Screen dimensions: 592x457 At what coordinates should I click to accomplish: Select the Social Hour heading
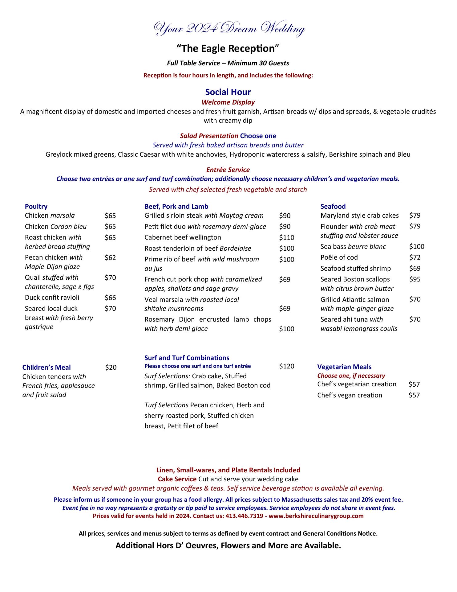228,92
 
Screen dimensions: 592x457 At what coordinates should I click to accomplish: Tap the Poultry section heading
36,206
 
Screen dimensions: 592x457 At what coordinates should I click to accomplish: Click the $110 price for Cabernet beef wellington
286,237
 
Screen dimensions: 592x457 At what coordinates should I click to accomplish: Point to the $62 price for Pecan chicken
110,257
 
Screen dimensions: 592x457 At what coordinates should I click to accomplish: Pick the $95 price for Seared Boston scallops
415,279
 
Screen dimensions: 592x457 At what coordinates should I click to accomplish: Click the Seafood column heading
333,206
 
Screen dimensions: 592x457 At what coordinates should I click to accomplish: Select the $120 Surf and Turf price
286,366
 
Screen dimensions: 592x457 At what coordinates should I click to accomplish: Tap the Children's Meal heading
47,367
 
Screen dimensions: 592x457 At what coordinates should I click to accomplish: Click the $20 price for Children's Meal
111,367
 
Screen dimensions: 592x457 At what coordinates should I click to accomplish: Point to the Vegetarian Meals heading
344,367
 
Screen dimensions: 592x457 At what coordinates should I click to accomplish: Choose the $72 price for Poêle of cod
415,257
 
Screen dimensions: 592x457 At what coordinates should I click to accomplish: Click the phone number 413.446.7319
244,516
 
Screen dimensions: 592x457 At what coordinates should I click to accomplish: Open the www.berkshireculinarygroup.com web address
316,516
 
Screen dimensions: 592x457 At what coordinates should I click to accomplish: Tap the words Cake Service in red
177,479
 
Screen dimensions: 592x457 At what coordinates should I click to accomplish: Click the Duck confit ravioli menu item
52,297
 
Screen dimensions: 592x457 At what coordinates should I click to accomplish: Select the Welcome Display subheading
228,102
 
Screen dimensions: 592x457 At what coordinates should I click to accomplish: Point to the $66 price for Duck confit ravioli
110,298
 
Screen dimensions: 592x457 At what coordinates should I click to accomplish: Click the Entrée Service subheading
228,170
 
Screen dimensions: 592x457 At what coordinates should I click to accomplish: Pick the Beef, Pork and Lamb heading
176,206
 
